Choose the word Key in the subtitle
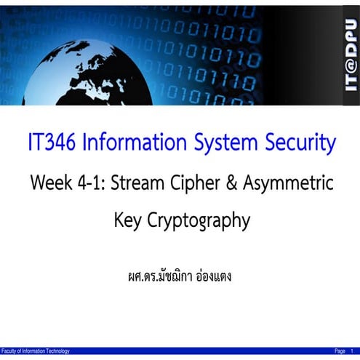(128, 220)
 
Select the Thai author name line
(179, 276)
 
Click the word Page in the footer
(340, 351)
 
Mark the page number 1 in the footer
(353, 351)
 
